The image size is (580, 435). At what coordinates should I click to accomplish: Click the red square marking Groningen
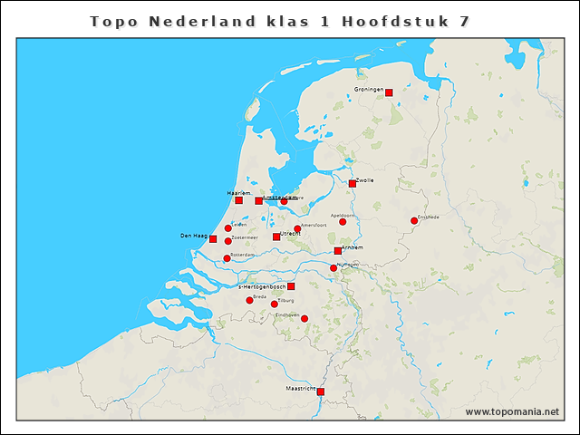point(389,92)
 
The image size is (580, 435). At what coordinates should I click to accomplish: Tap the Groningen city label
point(369,89)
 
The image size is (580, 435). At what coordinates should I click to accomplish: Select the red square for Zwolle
point(353,184)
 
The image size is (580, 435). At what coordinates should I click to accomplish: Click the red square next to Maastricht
point(320,392)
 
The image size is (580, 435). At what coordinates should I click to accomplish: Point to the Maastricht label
point(300,388)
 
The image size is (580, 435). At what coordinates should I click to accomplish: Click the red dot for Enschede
point(414,220)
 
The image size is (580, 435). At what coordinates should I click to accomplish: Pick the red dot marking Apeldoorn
point(343,222)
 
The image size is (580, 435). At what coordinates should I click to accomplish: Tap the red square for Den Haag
point(213,239)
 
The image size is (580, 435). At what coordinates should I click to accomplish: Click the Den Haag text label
point(194,236)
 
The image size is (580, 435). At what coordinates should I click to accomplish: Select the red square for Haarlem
point(238,200)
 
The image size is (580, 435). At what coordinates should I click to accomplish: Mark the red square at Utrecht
point(276,237)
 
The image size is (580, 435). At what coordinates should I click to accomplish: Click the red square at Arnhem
point(338,251)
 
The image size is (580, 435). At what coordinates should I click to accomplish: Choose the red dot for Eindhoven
point(304,318)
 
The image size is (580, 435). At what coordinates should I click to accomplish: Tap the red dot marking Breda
point(249,300)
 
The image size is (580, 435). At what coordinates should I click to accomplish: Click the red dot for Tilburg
point(275,304)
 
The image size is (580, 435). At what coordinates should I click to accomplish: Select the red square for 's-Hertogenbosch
point(291,286)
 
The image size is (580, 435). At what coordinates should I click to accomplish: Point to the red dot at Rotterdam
point(227,258)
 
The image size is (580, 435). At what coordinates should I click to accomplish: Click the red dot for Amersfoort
point(297,229)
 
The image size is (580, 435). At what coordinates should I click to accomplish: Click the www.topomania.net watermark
point(512,411)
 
